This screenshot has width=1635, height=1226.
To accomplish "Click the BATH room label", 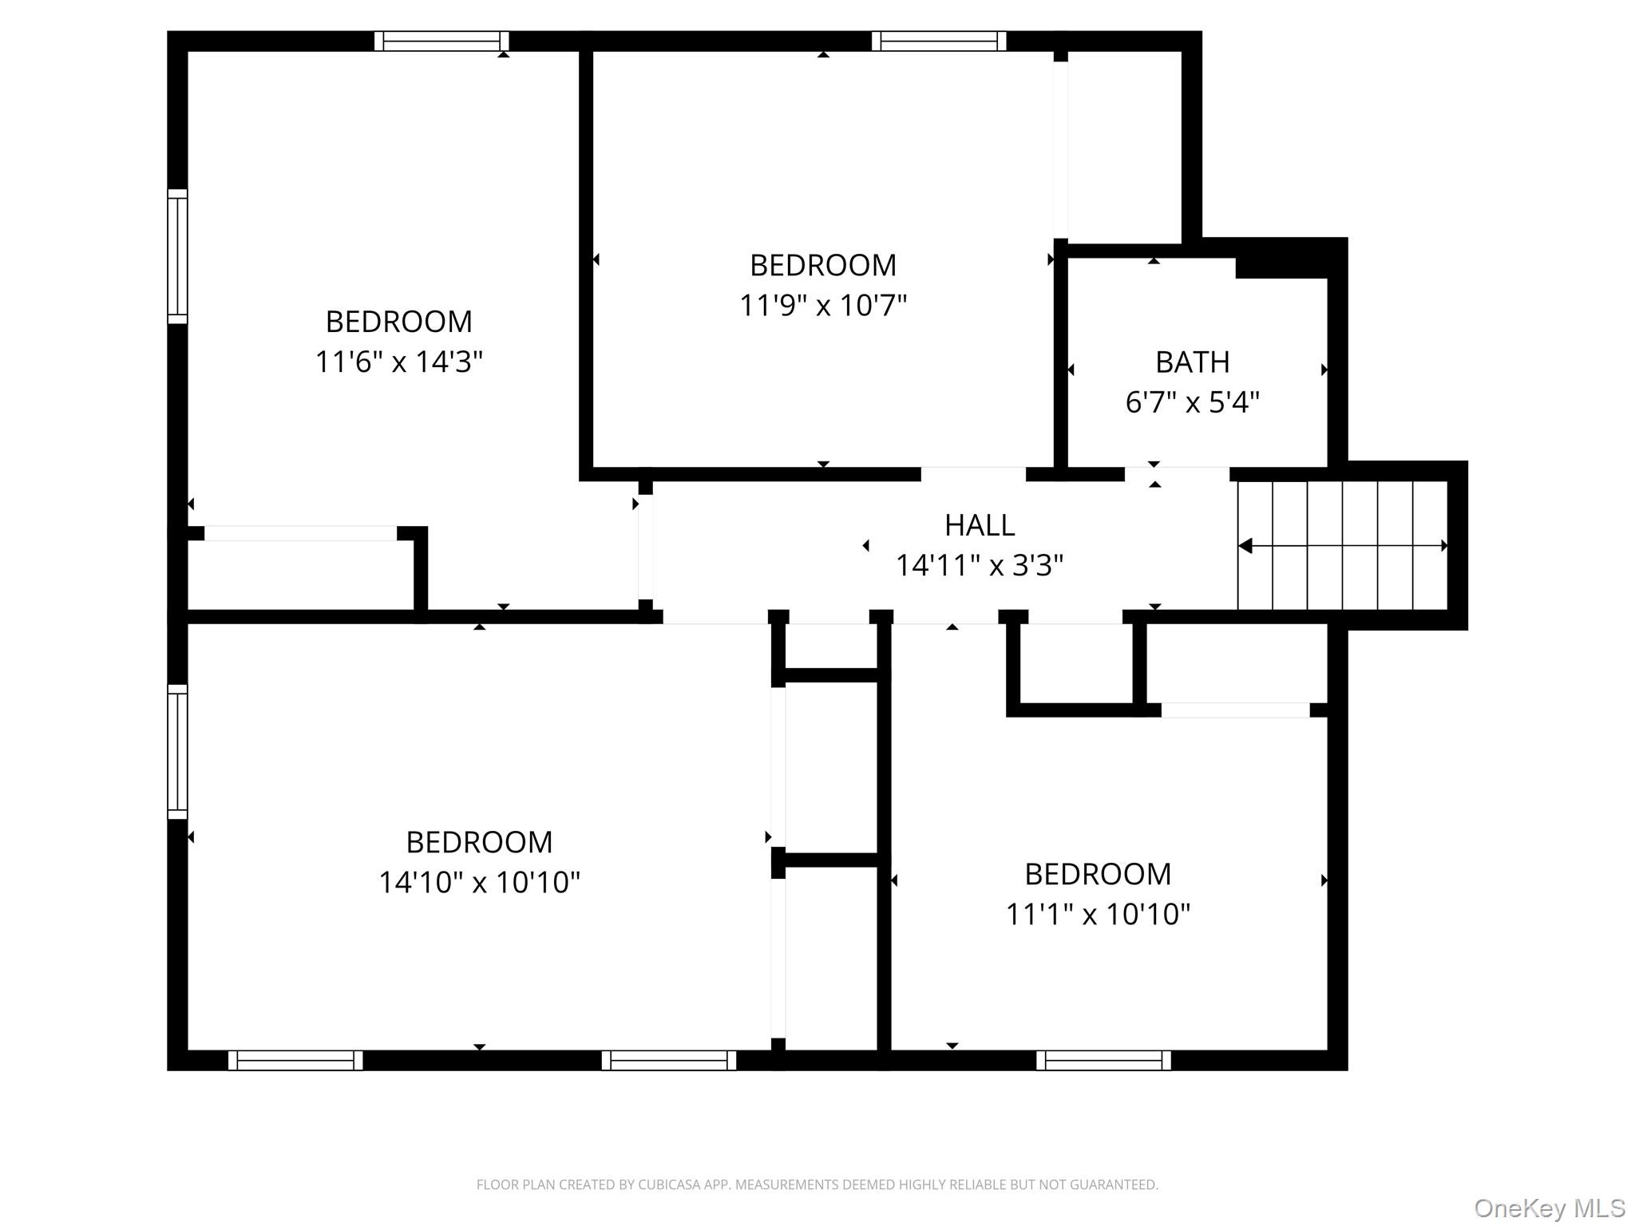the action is [1192, 362].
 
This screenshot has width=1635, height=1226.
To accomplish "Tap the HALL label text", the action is [980, 525].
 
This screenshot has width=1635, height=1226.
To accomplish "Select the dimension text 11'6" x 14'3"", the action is [399, 362].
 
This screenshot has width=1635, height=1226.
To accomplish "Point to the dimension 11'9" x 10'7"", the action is [823, 305].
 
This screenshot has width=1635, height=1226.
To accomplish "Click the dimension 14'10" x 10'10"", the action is [479, 882].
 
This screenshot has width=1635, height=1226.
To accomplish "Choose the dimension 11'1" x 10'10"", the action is [1098, 914].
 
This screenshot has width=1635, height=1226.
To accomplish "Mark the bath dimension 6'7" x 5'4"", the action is [1192, 402].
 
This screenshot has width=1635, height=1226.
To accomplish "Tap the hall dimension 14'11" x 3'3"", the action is [980, 566].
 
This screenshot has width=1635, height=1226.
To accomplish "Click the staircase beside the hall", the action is [1343, 546].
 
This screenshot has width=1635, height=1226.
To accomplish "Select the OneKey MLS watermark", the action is [1550, 1208].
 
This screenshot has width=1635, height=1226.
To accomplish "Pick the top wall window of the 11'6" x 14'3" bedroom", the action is [441, 41].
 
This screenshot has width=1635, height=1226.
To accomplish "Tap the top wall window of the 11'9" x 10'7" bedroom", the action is [939, 41].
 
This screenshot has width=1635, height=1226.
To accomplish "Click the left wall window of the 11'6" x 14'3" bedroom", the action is [177, 257].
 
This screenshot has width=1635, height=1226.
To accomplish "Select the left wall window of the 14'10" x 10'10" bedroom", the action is [177, 752].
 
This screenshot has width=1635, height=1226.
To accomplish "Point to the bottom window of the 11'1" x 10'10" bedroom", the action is [1103, 1060].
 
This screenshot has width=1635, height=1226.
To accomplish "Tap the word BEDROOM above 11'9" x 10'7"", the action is [823, 265].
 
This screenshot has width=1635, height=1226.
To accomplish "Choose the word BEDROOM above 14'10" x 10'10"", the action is [479, 842].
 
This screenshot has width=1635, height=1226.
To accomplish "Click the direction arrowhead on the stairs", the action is [1245, 546].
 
